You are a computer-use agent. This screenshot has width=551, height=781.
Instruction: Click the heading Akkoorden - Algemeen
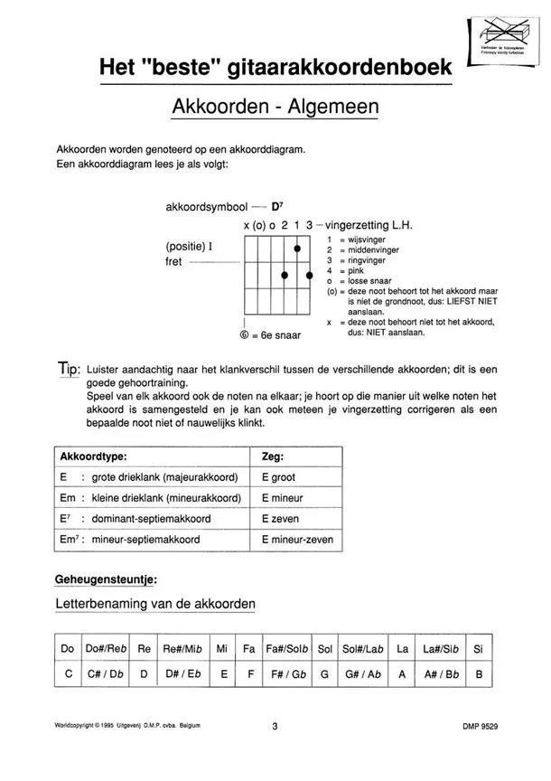click(x=275, y=107)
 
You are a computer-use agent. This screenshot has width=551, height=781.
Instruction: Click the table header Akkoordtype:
click(x=92, y=456)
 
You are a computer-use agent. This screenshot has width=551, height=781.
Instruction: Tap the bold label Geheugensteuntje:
click(x=107, y=577)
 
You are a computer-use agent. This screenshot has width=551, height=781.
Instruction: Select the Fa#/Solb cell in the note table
click(x=287, y=649)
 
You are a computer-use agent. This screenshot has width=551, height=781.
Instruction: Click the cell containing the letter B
click(x=480, y=674)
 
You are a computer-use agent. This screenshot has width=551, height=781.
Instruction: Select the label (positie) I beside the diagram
click(x=188, y=246)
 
